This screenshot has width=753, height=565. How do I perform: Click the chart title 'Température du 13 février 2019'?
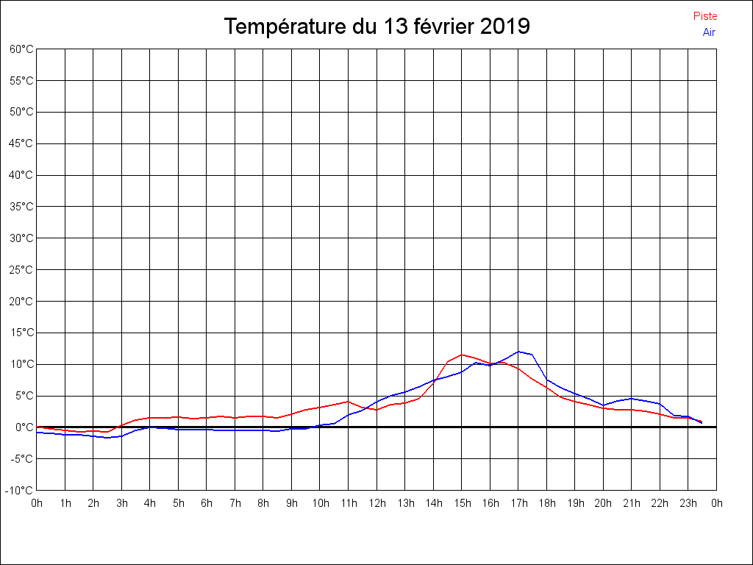[376, 26]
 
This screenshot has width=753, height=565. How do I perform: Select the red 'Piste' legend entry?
[705, 16]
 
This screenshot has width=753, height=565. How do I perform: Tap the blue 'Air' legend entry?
[709, 32]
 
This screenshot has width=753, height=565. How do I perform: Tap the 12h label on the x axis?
[376, 503]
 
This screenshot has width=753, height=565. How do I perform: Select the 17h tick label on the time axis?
[518, 503]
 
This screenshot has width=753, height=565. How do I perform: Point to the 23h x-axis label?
[688, 503]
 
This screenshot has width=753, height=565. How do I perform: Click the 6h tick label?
[207, 503]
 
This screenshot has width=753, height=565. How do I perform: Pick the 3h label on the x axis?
[121, 503]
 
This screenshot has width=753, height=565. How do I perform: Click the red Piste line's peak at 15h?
[462, 355]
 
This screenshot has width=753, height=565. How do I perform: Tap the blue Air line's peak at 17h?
[518, 352]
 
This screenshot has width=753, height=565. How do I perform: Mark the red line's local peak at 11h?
[349, 402]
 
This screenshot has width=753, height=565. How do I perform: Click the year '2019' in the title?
[505, 26]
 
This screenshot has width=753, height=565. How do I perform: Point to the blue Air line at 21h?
[632, 398]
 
